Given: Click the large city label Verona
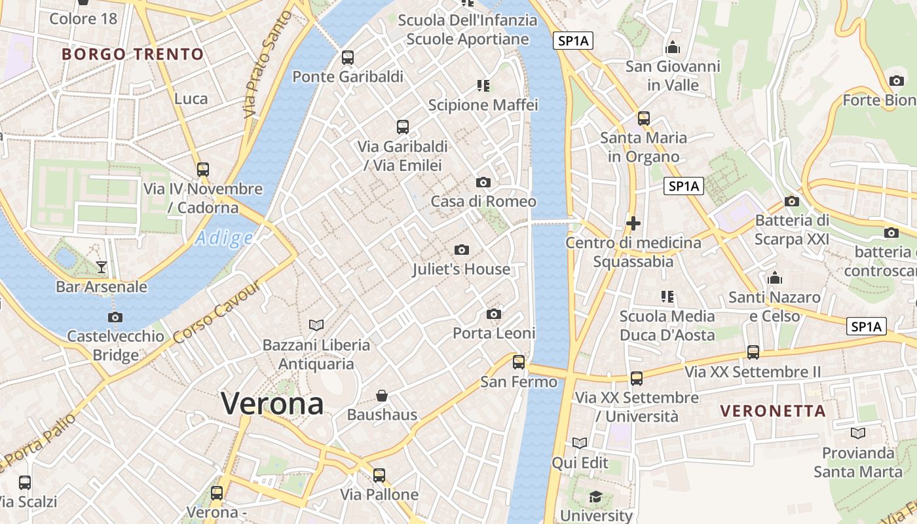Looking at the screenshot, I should [272, 403].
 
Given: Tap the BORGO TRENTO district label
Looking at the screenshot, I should [133, 54].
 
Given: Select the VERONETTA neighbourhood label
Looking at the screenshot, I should [773, 411].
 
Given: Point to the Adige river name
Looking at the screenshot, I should [224, 238].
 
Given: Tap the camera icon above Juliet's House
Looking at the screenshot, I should [462, 250].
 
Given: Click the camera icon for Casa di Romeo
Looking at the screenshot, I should [483, 182].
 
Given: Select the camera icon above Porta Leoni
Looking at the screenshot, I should [495, 314].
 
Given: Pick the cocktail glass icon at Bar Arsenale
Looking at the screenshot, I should [102, 267].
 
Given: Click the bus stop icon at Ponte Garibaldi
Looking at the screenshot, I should [348, 58].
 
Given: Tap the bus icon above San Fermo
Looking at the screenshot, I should [519, 362].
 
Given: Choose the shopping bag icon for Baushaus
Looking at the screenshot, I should [382, 396].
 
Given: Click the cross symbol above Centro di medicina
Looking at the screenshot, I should [633, 223].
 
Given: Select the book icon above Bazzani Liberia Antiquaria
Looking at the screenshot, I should [316, 325].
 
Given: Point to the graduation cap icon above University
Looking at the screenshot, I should [595, 497].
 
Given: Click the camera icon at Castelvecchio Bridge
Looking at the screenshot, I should [115, 318].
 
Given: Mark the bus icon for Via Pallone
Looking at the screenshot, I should [379, 476].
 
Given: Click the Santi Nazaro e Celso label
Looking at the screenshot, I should [775, 307].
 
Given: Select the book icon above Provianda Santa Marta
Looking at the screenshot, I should [858, 433].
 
